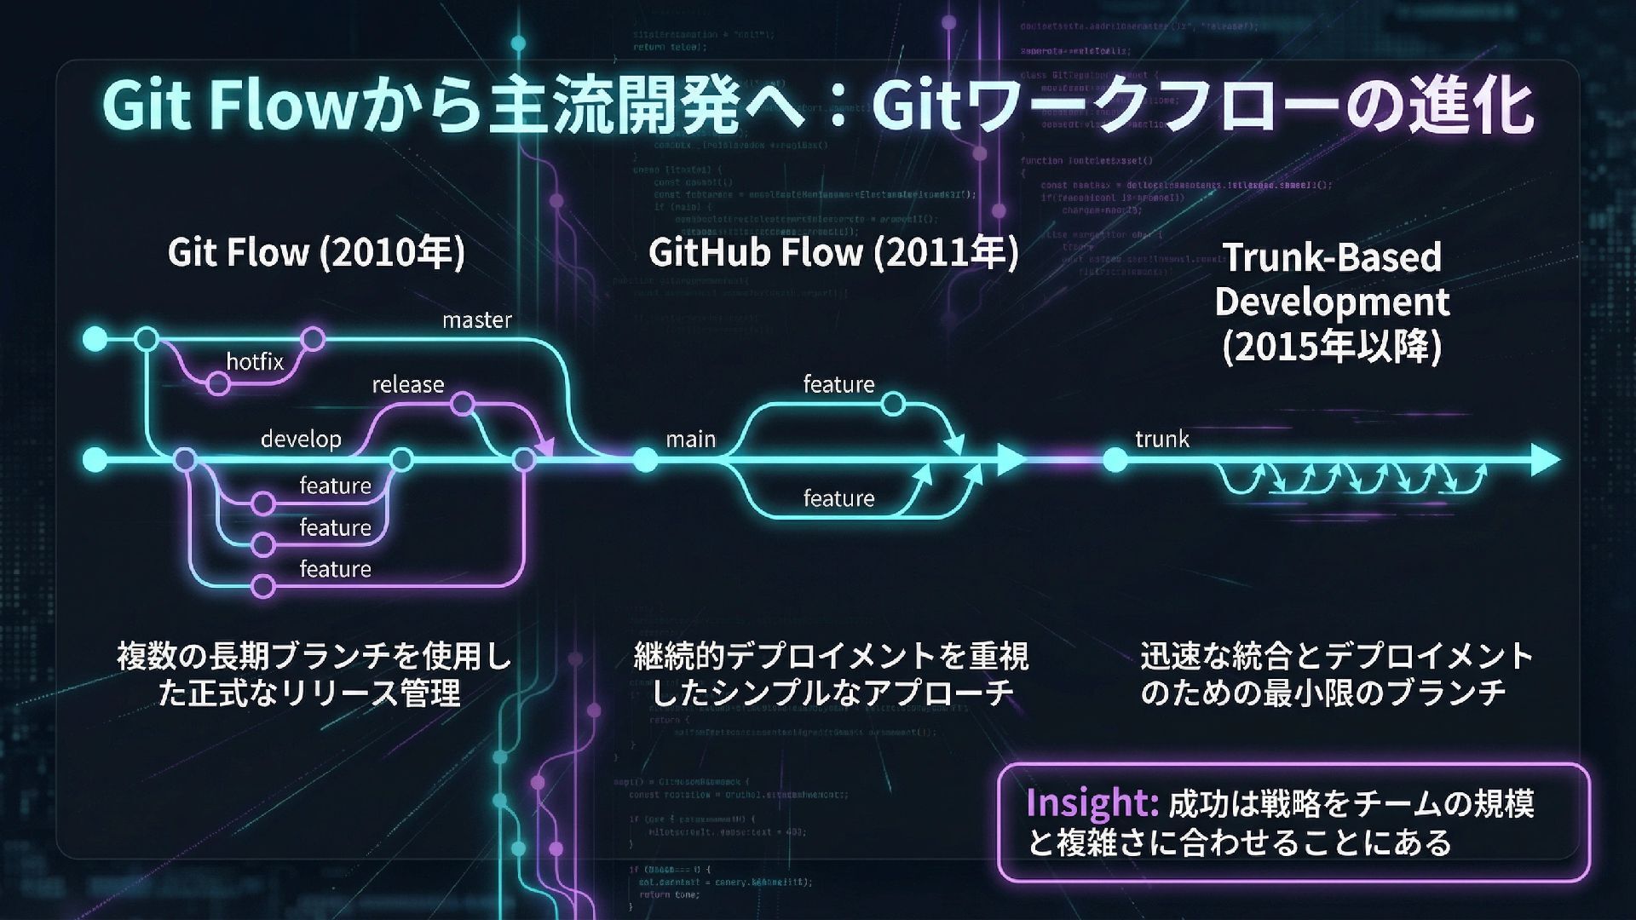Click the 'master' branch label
pos(476,320)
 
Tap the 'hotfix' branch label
pos(255,362)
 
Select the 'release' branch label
pos(407,385)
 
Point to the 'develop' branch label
pos(301,440)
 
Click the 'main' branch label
pos(690,440)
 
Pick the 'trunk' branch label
pos(1161,440)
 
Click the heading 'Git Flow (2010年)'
pos(316,253)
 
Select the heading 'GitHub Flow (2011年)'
pos(833,253)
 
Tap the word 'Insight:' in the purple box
pos(1091,803)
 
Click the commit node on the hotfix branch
pos(219,384)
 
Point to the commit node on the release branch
pos(463,404)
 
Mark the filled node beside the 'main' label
pos(646,461)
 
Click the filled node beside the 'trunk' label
pos(1115,461)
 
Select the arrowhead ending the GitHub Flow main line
pos(1011,460)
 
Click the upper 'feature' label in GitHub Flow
pos(838,385)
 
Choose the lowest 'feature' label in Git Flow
pos(335,569)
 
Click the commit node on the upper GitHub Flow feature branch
pos(893,404)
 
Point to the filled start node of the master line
pos(95,340)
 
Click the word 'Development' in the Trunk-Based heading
pos(1332,302)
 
